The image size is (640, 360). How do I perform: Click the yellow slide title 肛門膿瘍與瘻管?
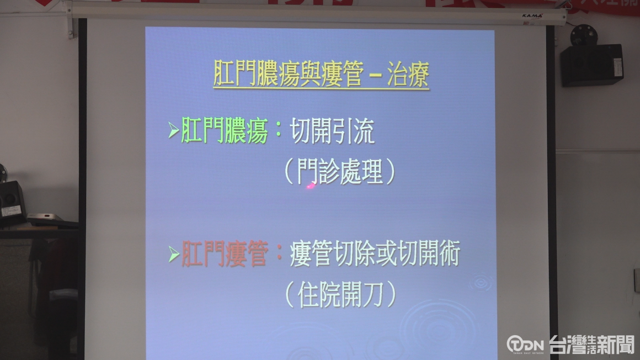click(x=289, y=73)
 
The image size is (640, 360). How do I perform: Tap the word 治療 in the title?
click(x=408, y=74)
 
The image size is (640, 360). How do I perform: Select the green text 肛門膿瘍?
click(x=224, y=130)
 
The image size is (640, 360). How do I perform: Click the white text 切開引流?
click(x=332, y=131)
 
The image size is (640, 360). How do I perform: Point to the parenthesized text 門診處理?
click(x=340, y=172)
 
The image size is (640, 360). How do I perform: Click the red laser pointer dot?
click(x=311, y=186)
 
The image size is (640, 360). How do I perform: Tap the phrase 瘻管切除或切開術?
click(x=375, y=253)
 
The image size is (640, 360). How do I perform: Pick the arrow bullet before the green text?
click(x=173, y=130)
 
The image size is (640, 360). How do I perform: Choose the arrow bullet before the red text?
click(x=173, y=254)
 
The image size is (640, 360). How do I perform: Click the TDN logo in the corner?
click(x=525, y=344)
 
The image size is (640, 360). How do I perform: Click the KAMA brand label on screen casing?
click(x=532, y=16)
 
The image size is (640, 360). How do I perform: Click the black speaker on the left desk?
click(x=12, y=203)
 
